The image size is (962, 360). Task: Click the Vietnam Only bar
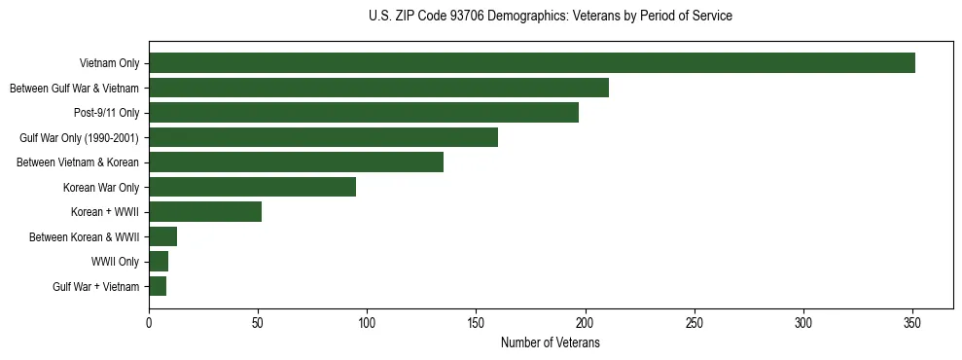[531, 63]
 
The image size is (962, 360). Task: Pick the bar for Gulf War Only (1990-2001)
[323, 137]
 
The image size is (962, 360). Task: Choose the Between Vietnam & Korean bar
[296, 162]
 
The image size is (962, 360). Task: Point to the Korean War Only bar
[252, 187]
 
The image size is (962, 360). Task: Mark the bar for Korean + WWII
[205, 212]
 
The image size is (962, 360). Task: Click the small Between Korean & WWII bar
[162, 236]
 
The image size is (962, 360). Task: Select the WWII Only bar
[159, 262]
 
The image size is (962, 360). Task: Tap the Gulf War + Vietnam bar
[158, 286]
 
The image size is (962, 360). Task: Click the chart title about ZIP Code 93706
[551, 17]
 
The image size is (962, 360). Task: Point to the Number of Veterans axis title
[550, 343]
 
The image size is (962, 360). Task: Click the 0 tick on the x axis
[149, 323]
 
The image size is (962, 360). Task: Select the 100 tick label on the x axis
[367, 323]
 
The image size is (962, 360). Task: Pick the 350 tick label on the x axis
[912, 323]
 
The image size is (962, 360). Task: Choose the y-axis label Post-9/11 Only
[106, 113]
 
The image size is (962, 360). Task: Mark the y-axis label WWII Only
[116, 262]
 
